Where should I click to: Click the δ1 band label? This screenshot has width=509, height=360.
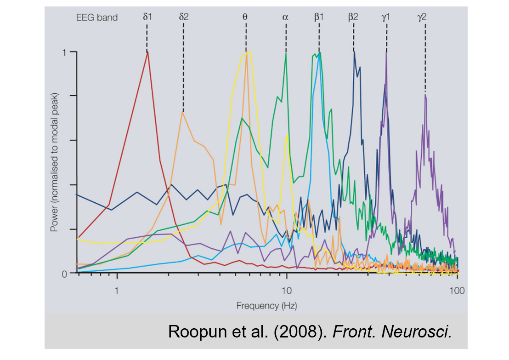(x=147, y=17)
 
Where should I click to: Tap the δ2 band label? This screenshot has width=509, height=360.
(x=184, y=17)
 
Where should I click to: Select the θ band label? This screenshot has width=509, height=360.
(x=245, y=17)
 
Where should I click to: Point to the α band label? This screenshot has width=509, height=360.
(x=285, y=17)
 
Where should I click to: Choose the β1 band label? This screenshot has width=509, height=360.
(x=319, y=17)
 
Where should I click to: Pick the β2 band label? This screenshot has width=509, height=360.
(x=353, y=17)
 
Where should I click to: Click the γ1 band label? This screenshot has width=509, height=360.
(x=386, y=17)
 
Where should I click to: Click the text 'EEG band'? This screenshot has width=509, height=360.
(x=97, y=18)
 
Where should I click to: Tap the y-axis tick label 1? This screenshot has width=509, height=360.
(x=65, y=52)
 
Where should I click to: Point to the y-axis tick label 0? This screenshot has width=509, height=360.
(x=65, y=273)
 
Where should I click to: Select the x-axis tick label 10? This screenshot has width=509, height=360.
(x=286, y=290)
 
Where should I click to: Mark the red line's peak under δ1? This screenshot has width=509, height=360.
(x=147, y=52)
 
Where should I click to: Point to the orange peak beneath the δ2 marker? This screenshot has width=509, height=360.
(x=183, y=112)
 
